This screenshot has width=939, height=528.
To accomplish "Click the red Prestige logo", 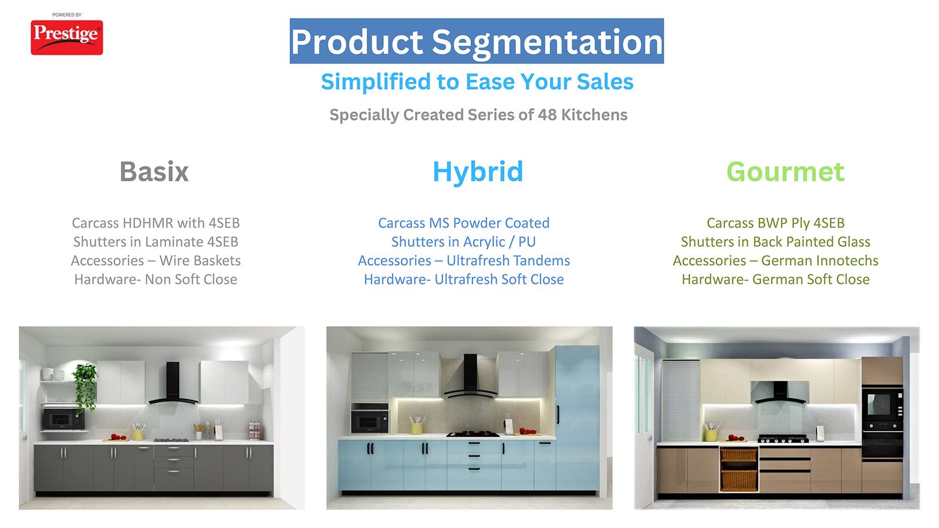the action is click(x=67, y=38).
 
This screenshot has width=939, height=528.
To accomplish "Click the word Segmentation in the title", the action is click(x=548, y=42).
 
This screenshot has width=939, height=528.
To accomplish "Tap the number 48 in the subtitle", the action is click(x=547, y=114).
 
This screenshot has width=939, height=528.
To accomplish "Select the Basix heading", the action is click(x=154, y=171).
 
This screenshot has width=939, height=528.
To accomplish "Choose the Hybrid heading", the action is click(x=478, y=172).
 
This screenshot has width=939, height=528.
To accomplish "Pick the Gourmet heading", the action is click(x=786, y=172).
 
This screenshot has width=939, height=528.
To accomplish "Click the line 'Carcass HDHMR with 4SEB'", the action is click(x=156, y=223).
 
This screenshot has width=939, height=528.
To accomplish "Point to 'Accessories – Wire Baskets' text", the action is click(x=156, y=260).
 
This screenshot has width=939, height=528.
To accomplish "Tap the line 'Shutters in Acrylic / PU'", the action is click(x=464, y=242).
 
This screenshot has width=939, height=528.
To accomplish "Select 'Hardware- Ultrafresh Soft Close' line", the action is click(x=464, y=279).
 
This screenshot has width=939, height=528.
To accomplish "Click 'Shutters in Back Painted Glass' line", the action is click(x=775, y=242).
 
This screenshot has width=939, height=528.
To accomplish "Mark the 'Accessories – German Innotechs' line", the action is click(x=775, y=260).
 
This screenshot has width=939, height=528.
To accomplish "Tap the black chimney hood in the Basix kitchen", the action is click(x=173, y=384).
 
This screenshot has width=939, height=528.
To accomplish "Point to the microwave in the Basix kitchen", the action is click(x=63, y=418).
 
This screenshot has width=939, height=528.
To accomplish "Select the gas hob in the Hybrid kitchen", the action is click(x=473, y=434).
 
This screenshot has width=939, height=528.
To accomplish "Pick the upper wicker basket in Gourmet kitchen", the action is click(x=739, y=455).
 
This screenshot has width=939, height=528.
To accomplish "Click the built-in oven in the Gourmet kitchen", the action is click(x=883, y=405).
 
